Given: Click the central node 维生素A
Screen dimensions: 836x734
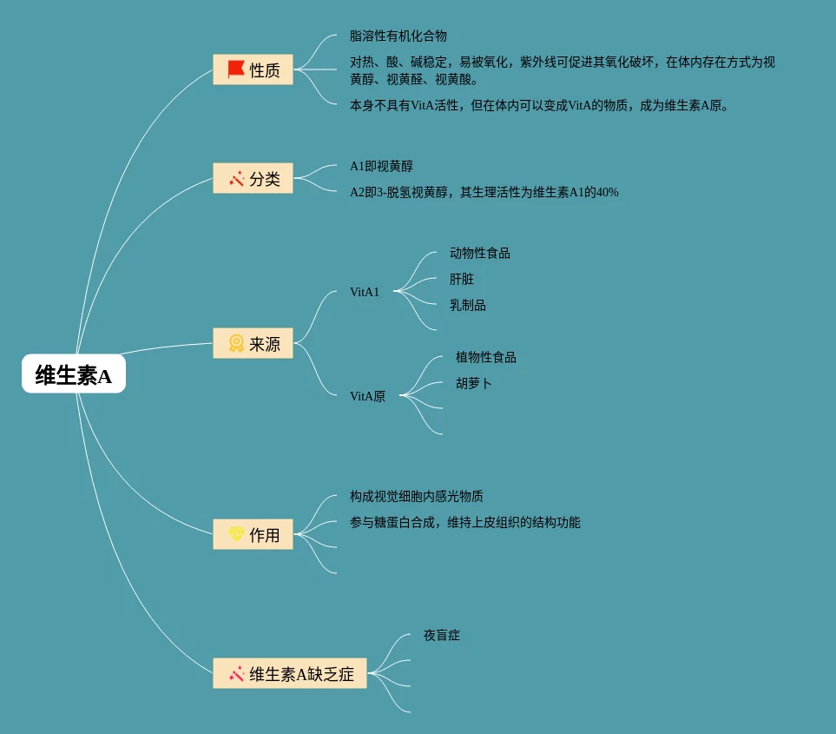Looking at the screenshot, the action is point(74,374).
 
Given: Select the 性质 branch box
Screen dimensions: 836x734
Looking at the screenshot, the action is point(253,69).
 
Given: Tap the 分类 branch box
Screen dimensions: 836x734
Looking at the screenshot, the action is point(253,179).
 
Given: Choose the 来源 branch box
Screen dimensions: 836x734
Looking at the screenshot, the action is point(253,343).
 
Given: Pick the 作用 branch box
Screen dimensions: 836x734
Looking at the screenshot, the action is point(253,534).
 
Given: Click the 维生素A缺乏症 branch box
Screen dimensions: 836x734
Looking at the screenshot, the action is point(290,673).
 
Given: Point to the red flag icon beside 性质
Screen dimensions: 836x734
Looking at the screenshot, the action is point(236,69).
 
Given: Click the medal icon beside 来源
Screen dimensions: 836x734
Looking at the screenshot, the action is point(236,343).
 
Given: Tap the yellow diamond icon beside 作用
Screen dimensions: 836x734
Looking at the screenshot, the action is point(236,534).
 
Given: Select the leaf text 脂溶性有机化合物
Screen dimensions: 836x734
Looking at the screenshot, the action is point(398,36).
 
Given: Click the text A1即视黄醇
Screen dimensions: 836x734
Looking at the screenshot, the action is point(381,166).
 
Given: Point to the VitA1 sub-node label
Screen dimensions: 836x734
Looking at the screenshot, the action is point(365,292).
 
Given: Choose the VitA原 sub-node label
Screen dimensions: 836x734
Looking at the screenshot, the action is point(367,396).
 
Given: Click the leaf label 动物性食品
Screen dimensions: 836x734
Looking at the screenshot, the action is point(480,253).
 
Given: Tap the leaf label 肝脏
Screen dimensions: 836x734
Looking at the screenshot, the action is point(462,279).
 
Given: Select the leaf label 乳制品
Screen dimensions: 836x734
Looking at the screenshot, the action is point(468,305).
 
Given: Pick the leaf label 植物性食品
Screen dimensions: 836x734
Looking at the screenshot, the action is point(486,357).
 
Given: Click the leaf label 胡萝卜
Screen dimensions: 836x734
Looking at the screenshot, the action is point(474,383).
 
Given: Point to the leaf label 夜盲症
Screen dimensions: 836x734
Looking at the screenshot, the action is point(442,635).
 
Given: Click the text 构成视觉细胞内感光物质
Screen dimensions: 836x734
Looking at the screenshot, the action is point(417,496).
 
